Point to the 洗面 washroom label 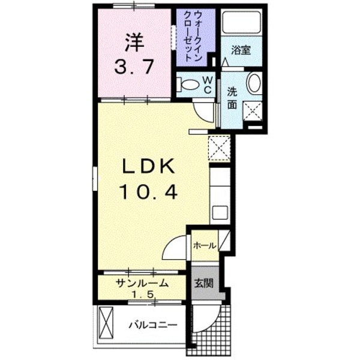click(x=233, y=97)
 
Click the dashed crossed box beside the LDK click(x=219, y=148)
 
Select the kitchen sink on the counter click(x=218, y=213)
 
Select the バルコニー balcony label click(x=152, y=325)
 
